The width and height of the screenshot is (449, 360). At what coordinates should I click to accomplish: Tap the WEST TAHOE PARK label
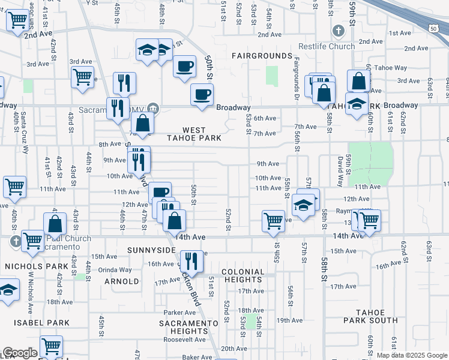tap(194, 134)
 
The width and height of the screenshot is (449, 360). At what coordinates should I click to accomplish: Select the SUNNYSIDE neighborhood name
tap(150, 249)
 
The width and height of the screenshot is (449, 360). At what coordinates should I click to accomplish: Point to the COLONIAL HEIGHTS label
tap(243, 276)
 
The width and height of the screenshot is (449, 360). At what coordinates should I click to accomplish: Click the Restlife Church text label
tap(327, 47)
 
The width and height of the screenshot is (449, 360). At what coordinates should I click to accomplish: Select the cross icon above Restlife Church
tap(338, 31)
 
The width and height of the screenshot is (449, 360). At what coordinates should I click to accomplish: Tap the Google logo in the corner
tap(20, 353)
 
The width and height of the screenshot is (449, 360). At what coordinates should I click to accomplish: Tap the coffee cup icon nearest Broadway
tap(202, 94)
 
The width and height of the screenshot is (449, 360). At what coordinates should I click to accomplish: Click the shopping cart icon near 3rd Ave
tap(82, 77)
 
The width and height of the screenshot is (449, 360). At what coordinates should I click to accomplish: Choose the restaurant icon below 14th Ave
tap(191, 260)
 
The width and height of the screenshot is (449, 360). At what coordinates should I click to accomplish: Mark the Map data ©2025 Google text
tap(411, 355)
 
